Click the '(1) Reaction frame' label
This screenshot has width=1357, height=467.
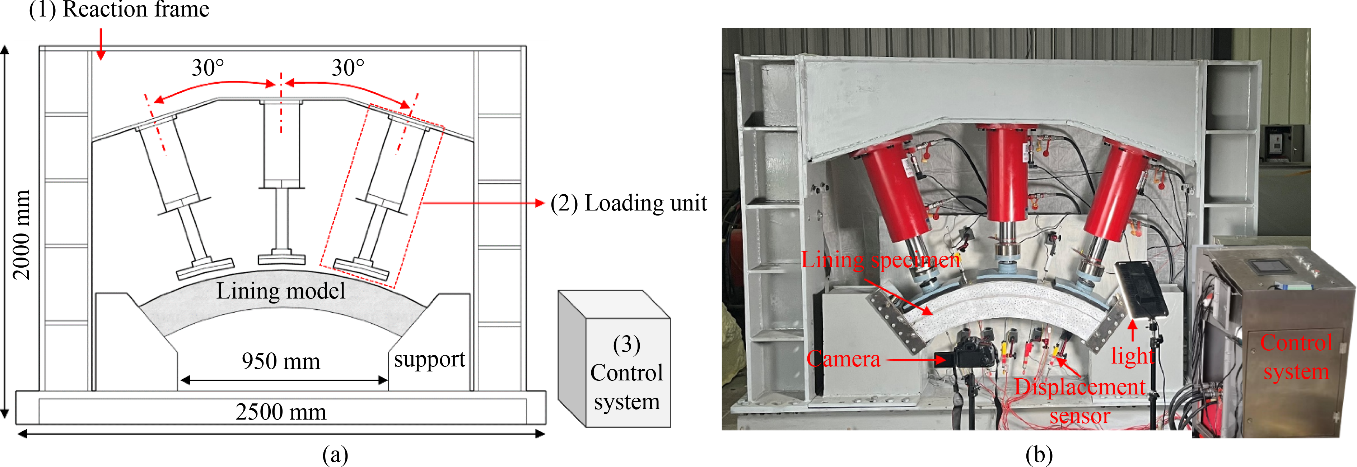click(x=119, y=9)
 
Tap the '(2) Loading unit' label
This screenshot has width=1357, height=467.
click(x=629, y=203)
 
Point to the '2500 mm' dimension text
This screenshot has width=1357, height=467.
click(x=281, y=412)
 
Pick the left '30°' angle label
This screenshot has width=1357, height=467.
click(x=207, y=68)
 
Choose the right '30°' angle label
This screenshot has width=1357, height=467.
click(x=348, y=68)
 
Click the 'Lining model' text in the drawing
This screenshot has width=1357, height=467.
click(x=281, y=291)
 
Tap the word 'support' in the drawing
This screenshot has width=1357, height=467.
click(x=429, y=360)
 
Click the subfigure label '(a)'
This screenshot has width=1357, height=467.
click(x=335, y=454)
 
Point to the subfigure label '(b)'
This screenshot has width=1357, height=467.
click(x=1039, y=454)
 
